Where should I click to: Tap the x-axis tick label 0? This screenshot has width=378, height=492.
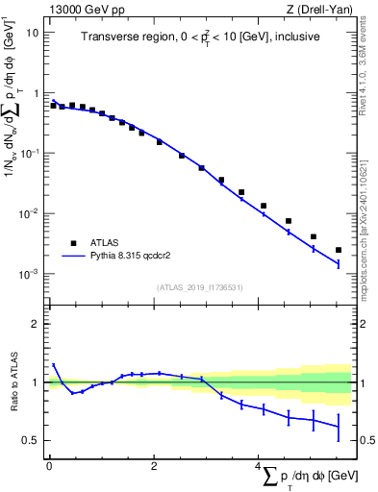(49, 466)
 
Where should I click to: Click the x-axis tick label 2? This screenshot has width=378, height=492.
(154, 466)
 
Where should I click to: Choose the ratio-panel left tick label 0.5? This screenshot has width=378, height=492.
(34, 440)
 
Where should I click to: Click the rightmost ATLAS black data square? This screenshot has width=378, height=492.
(338, 250)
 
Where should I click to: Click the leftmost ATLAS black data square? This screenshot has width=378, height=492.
(54, 105)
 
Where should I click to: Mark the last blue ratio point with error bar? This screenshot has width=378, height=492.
(338, 426)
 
